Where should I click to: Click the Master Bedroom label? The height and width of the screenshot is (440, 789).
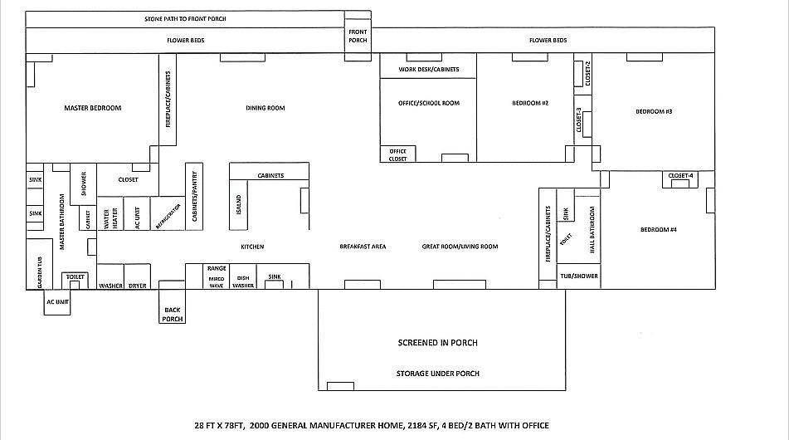coord(93,108)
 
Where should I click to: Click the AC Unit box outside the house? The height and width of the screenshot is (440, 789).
coord(57,302)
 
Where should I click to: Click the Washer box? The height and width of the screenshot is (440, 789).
coord(110,286)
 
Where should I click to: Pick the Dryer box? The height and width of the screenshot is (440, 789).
coord(137,286)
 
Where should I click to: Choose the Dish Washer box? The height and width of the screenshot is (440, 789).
coord(243,281)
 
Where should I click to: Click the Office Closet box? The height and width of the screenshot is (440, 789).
coord(397,154)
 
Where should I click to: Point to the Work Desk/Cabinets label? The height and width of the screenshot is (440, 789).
coord(428,70)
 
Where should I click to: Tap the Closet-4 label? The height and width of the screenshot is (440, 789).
coord(679,175)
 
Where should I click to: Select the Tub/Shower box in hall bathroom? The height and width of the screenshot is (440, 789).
coord(577,276)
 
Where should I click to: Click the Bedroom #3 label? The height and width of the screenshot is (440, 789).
coord(654,111)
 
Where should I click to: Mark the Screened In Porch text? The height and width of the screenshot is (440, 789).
coord(437,343)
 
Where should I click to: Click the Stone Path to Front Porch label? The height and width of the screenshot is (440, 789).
coord(186,18)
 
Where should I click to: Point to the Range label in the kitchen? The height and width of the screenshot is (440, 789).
coord(217,268)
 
